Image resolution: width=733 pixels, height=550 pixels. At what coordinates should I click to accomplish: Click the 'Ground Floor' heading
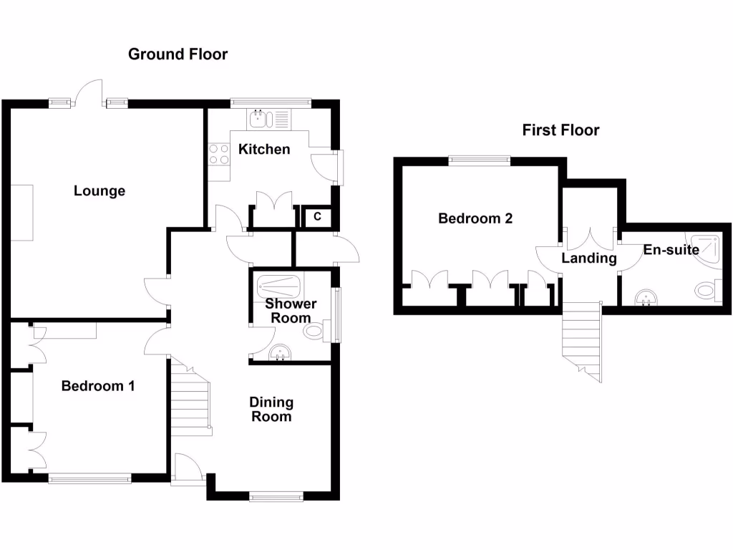178,54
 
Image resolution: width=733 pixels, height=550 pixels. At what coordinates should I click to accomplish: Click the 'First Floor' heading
560,130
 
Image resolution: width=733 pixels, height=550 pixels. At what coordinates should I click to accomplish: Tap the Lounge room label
99,191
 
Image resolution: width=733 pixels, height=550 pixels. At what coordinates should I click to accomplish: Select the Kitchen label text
264,150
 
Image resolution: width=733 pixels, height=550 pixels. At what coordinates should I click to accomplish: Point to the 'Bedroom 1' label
98,387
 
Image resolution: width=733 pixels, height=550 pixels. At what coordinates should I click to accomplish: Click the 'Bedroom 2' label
475,219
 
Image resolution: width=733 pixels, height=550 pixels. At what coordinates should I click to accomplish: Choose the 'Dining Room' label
271,410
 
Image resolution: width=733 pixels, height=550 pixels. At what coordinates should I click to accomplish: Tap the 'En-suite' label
671,250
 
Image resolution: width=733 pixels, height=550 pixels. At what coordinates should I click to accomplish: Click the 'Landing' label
588,259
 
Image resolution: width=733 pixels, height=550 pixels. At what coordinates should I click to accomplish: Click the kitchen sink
259,119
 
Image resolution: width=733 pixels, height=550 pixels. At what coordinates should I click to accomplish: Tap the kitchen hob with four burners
218,155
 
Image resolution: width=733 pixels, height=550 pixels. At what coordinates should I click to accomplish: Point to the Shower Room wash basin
282,353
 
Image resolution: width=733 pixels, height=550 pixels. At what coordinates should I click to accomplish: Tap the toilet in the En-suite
708,291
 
